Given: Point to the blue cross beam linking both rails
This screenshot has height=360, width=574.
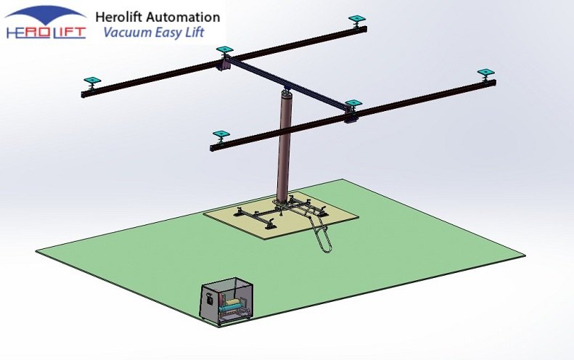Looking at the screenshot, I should coord(290,83).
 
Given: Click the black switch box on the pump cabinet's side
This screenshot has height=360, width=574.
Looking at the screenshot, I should coord(209,298).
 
